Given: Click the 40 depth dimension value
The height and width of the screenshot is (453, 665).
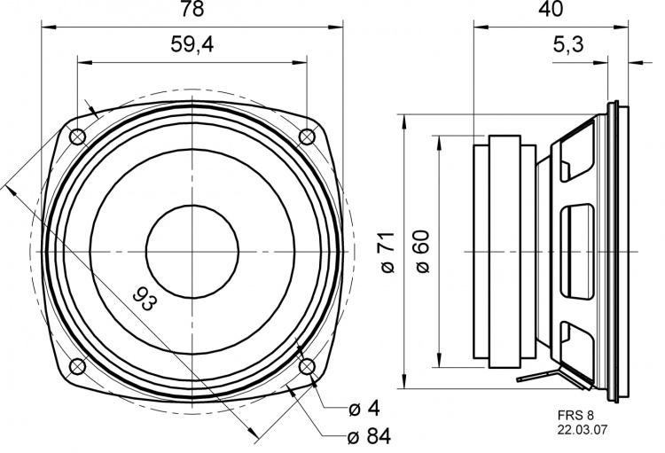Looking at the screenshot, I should click(551, 11).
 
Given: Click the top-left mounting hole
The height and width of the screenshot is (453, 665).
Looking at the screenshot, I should click(76, 137).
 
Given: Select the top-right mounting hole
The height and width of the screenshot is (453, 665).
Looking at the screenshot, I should click(307, 137).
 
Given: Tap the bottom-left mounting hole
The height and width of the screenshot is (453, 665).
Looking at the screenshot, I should click(76, 367).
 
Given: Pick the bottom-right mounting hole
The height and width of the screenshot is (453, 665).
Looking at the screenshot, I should click(307, 367).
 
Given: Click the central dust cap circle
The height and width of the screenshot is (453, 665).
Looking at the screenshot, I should click(192, 252).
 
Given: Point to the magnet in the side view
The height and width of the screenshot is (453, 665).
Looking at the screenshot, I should click(504, 252).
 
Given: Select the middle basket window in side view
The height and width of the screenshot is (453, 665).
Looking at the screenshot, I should click(578, 252).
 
